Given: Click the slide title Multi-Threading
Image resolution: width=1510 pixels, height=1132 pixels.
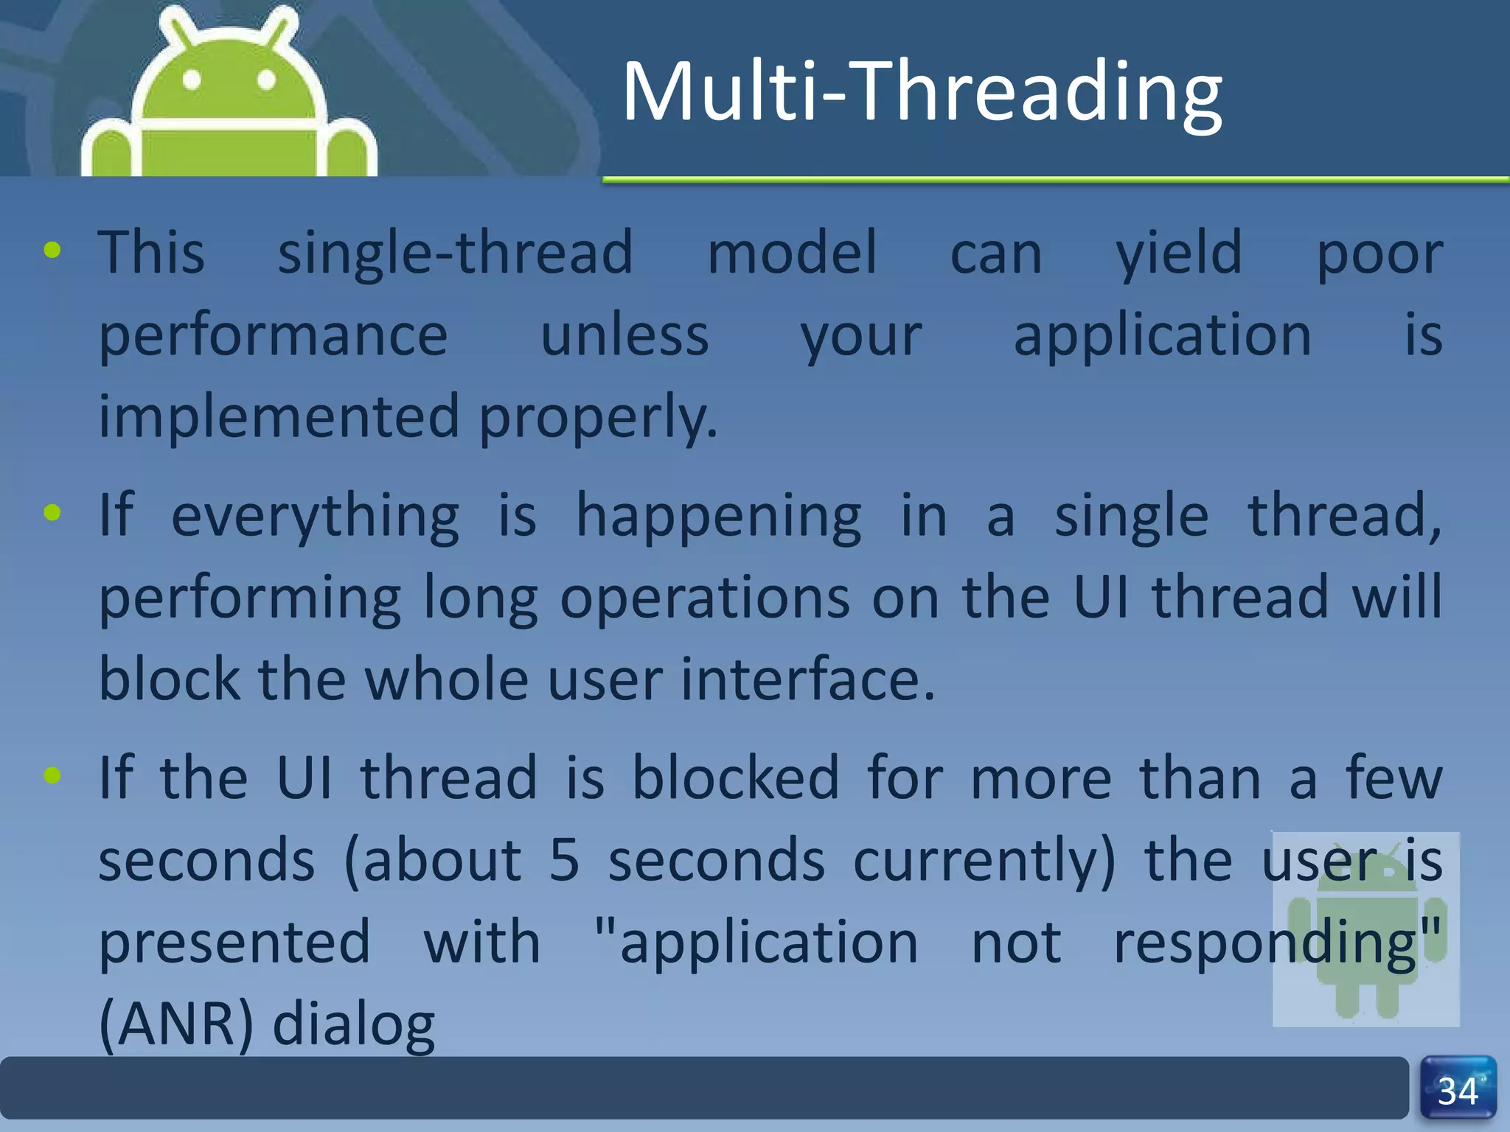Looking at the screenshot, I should click(x=922, y=92).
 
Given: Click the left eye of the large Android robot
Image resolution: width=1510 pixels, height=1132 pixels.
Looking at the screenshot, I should click(x=192, y=80).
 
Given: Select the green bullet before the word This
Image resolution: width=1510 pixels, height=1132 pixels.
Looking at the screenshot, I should click(x=52, y=251).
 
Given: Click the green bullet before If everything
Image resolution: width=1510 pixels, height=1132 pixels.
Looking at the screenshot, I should click(x=52, y=512).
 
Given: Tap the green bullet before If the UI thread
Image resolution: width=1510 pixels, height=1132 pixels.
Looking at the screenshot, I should click(x=52, y=775).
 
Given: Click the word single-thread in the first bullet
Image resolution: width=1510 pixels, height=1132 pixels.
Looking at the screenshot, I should click(x=455, y=253).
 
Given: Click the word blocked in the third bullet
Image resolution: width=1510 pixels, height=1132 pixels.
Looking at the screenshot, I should click(x=735, y=778).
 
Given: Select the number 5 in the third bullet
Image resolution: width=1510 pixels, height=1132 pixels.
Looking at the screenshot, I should click(x=564, y=860).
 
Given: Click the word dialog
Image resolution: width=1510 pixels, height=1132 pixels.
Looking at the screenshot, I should click(x=354, y=1025).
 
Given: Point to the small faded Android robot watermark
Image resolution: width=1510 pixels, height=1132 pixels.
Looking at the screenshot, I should click(x=1365, y=930).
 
